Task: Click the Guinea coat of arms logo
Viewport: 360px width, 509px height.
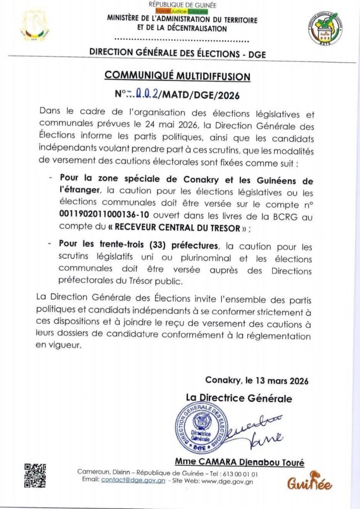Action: click(35, 27)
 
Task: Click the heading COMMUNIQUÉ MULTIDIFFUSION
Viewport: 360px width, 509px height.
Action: click(178, 76)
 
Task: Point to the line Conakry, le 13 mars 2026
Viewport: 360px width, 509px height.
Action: click(257, 381)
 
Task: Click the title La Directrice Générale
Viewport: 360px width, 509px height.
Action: click(239, 398)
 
